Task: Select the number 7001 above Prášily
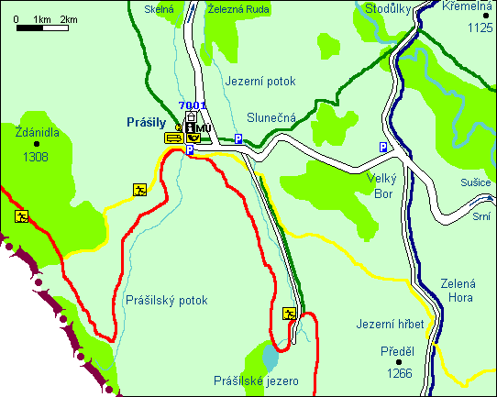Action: click(193, 106)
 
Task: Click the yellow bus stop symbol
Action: click(172, 138)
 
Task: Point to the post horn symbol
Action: click(193, 138)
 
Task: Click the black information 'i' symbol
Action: click(190, 127)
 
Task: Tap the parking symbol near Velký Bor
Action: click(383, 147)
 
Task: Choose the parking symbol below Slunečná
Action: click(237, 138)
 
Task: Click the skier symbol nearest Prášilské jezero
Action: click(290, 314)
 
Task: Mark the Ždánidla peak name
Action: click(38, 132)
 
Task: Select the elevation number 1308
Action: click(37, 157)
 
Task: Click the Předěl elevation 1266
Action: click(398, 373)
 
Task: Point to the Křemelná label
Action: click(467, 6)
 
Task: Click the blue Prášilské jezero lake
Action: click(268, 353)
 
